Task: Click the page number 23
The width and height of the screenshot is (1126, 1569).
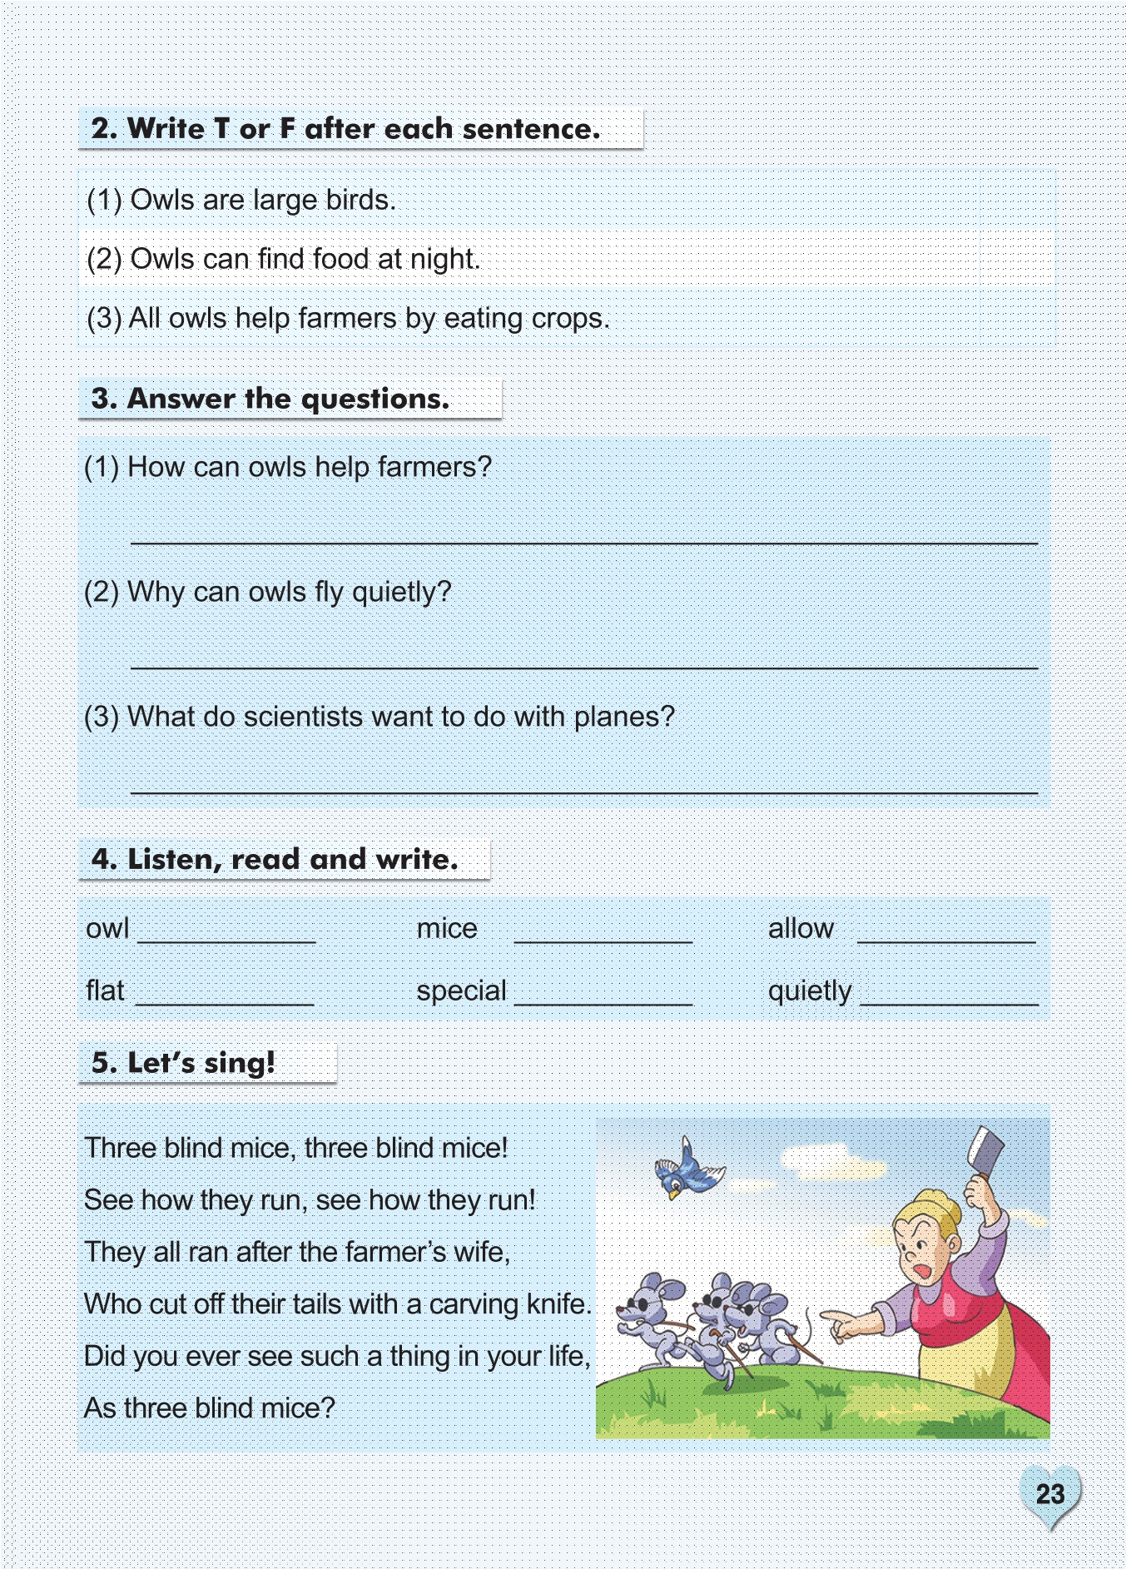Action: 1049,1494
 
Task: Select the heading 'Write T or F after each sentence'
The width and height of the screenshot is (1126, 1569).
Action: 345,129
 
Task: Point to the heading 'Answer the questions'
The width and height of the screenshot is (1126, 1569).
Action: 270,399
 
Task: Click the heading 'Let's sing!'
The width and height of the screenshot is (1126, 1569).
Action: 183,1063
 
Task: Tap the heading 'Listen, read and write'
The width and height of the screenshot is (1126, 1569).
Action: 275,859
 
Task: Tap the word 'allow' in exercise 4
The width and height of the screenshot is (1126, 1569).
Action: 801,928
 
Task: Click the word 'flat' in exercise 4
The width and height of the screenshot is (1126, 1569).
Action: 105,991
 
